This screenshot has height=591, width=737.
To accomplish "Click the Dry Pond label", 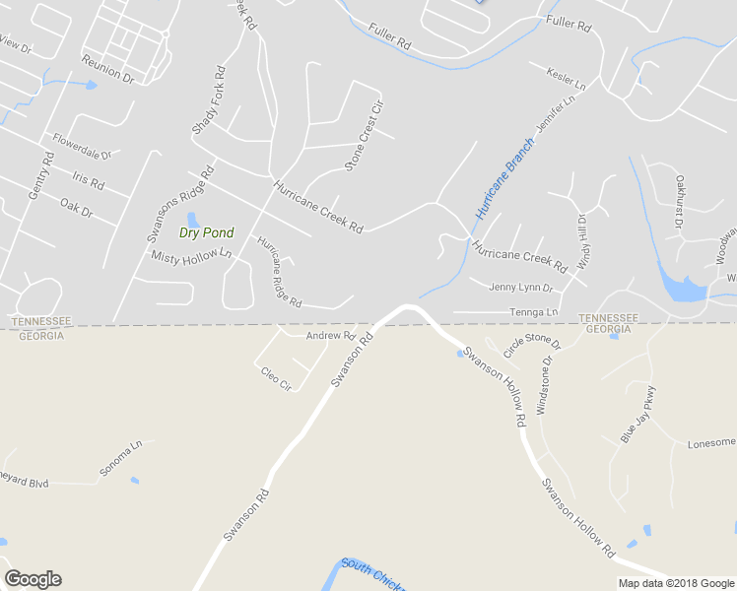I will click(206, 233).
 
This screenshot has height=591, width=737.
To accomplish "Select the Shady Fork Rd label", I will click(208, 101).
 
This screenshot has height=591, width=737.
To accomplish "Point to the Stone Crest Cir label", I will click(362, 137).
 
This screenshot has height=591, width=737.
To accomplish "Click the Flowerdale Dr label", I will click(83, 147).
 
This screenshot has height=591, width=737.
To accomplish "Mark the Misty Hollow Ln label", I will click(191, 255).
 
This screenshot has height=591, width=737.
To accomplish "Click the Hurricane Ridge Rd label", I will click(279, 270).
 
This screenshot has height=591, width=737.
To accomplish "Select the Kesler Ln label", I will click(566, 79).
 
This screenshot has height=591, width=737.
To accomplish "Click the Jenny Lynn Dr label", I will click(521, 288).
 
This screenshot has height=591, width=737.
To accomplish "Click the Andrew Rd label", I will click(329, 336).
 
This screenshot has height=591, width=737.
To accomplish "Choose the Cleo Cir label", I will click(275, 378).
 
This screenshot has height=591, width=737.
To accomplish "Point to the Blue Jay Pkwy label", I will click(637, 415).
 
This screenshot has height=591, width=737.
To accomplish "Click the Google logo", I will click(33, 579).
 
